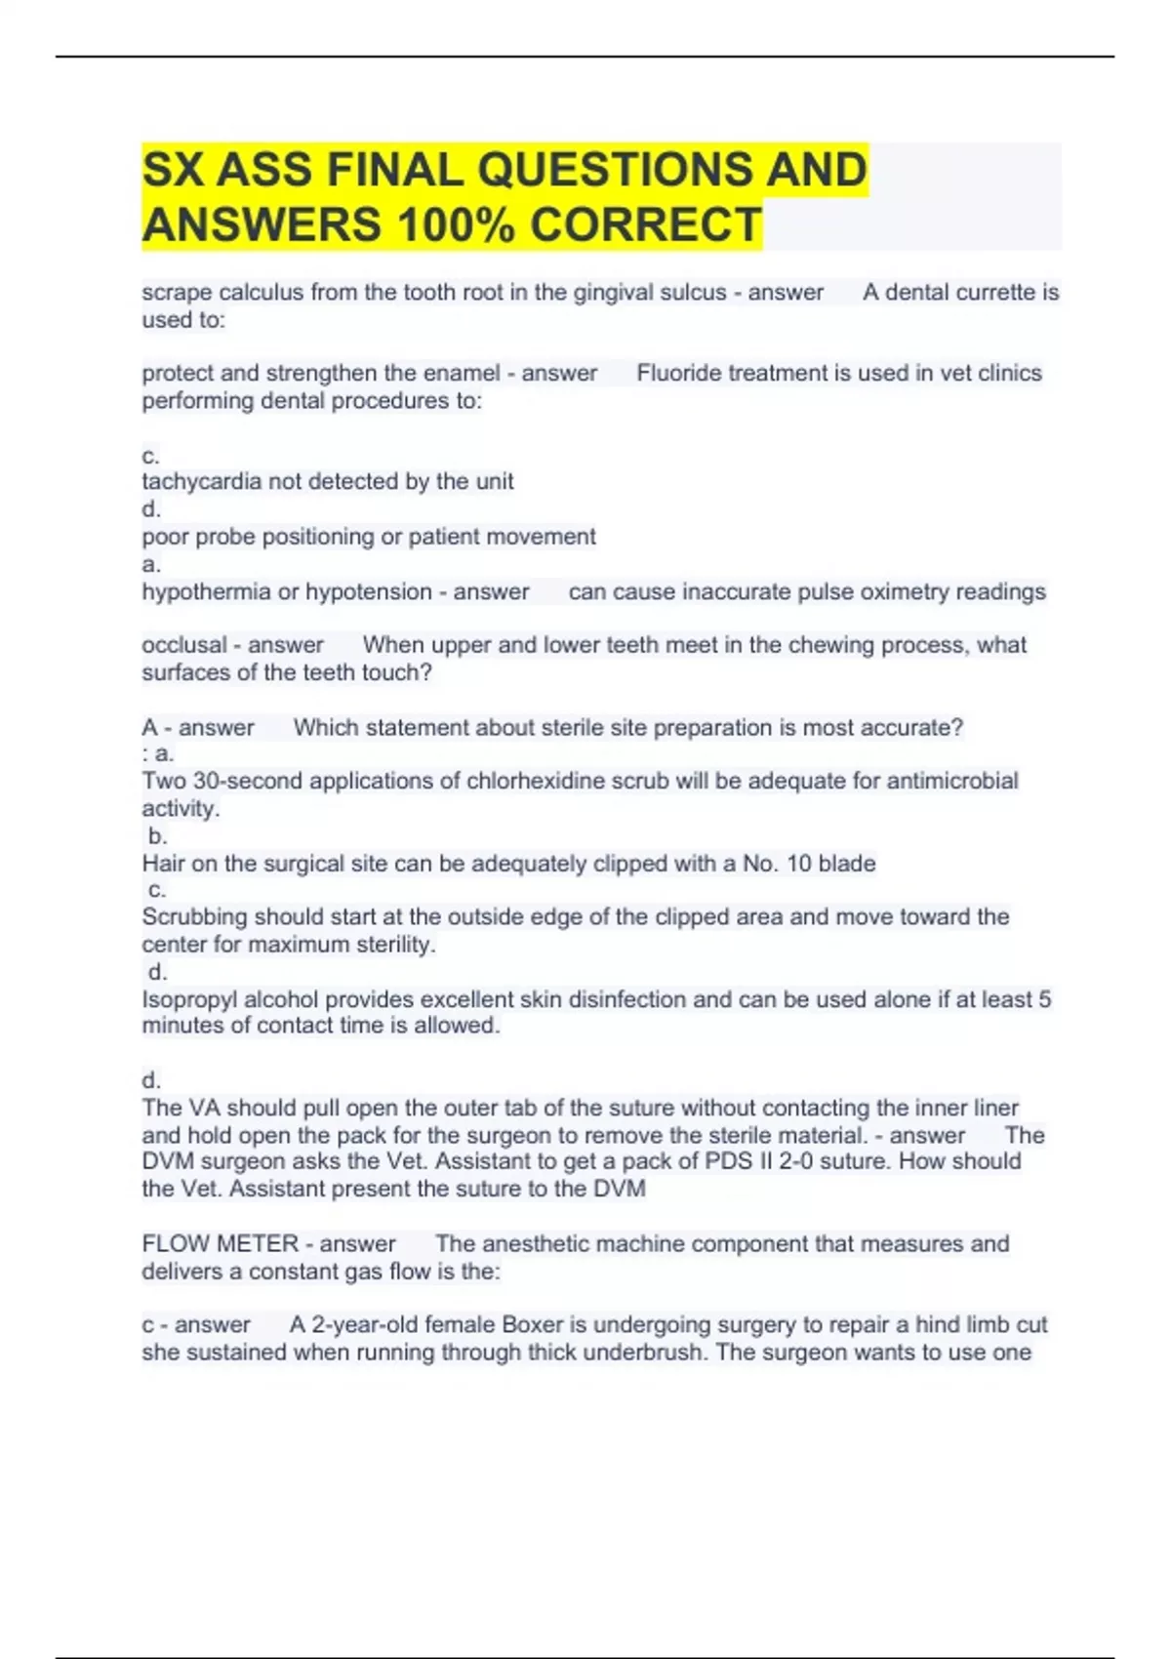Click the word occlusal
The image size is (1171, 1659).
(x=184, y=645)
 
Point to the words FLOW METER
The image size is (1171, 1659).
(x=220, y=1243)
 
